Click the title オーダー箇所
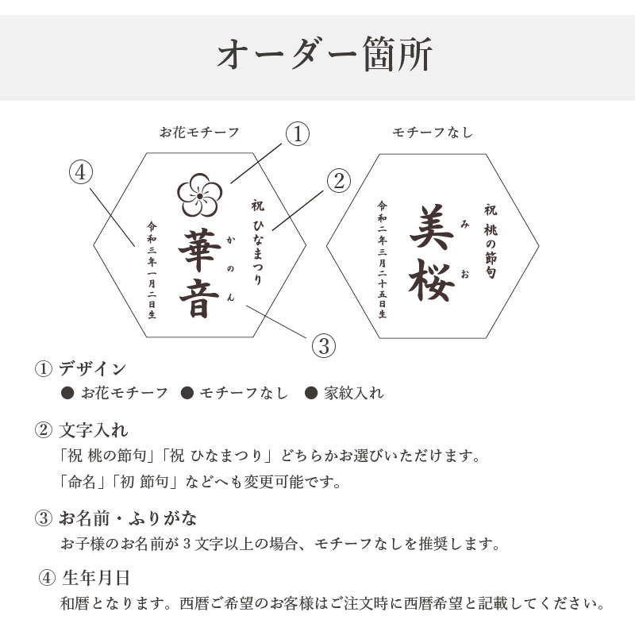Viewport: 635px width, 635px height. coord(325,54)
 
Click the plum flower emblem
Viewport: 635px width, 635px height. coord(200,195)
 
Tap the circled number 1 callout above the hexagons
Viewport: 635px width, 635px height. coord(298,134)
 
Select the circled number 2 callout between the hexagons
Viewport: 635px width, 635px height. coord(339,181)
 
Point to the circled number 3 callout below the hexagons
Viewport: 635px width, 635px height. coord(324,346)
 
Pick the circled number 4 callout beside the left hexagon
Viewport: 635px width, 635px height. coord(81,172)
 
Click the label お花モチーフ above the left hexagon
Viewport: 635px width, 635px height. coord(199,133)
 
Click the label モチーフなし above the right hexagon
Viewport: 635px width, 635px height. coord(433,133)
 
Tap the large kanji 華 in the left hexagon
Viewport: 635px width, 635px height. coord(200,249)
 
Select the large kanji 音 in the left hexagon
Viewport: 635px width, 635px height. coord(200,298)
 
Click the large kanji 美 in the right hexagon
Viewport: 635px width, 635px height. coord(431,227)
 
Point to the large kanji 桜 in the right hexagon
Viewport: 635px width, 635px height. coord(431,280)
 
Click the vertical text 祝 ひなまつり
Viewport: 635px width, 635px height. coord(257,242)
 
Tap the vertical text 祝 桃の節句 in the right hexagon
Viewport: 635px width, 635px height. coord(491,241)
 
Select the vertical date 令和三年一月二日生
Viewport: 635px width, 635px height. coord(152,270)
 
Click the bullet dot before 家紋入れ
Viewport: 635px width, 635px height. coord(310,392)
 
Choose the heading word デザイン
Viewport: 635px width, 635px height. coord(93,368)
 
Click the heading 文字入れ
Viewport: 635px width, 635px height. coord(94,430)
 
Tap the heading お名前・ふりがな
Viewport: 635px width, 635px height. coord(128,518)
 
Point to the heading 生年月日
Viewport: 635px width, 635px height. coord(96,578)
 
